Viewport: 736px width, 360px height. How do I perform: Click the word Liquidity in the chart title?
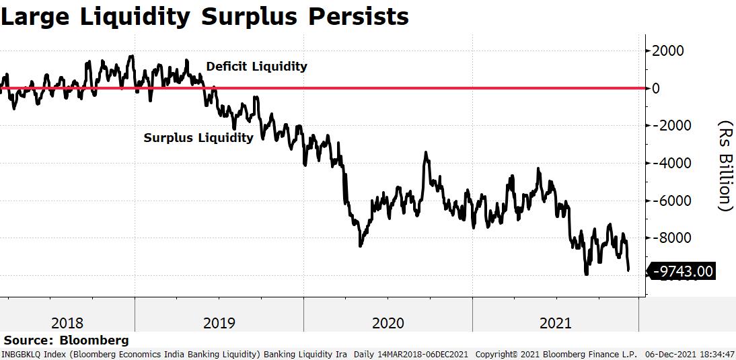(x=138, y=16)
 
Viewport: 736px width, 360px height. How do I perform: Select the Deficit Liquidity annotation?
(x=256, y=67)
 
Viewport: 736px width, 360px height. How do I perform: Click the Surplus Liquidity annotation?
(x=198, y=138)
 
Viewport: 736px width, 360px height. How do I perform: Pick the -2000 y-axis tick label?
(x=665, y=126)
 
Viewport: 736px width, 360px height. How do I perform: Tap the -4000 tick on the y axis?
(x=665, y=164)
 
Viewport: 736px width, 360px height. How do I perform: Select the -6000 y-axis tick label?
(x=665, y=201)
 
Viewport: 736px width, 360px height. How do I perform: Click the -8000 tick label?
(x=665, y=238)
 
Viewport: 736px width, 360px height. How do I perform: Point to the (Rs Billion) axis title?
(x=725, y=166)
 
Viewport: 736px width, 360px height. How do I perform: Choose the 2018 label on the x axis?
(x=67, y=323)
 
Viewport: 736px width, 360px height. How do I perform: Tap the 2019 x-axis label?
(x=219, y=323)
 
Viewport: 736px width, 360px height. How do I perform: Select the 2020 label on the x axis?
(x=388, y=323)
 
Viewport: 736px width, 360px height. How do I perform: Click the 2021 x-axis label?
(x=555, y=323)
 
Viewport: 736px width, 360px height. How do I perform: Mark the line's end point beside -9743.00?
(x=629, y=271)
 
